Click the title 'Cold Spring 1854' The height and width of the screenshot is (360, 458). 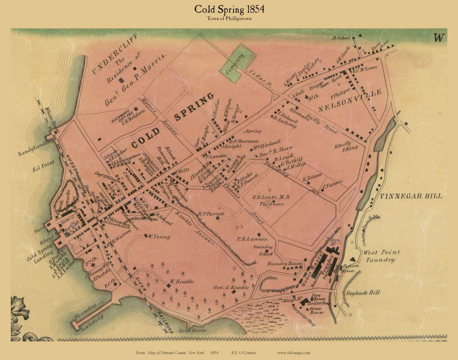(229, 9)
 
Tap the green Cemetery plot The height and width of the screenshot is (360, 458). (238, 63)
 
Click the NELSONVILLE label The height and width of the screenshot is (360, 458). (350, 100)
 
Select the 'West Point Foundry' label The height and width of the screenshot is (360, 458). (381, 256)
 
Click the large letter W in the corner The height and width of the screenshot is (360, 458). (439, 38)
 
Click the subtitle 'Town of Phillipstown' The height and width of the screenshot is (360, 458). (229, 19)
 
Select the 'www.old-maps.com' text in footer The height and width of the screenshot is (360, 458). (294, 353)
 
